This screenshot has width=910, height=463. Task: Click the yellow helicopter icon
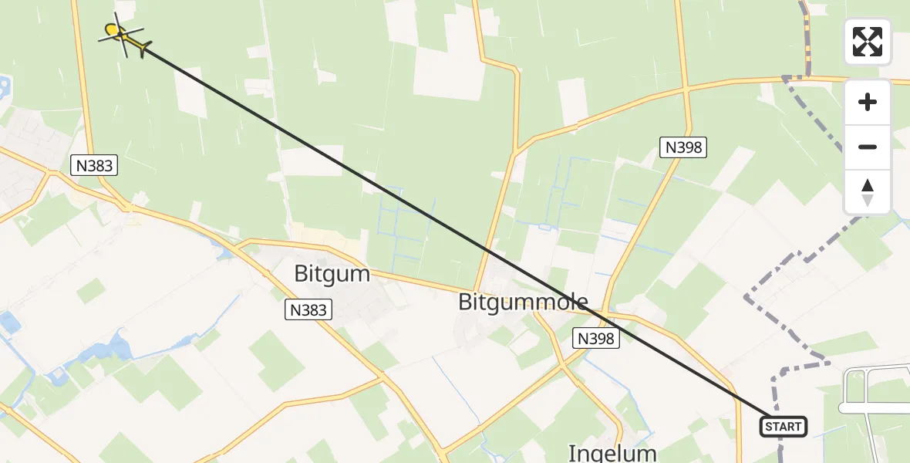(123, 35)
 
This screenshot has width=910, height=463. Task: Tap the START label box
(784, 426)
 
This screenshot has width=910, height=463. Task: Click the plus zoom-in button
(868, 102)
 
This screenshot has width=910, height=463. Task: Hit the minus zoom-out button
(868, 147)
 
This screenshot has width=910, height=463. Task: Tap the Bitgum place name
(332, 274)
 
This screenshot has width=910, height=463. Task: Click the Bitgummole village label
(523, 302)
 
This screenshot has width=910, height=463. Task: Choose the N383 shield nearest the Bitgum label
(308, 310)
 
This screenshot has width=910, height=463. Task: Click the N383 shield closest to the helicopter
(93, 164)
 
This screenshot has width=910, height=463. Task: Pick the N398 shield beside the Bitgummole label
(596, 337)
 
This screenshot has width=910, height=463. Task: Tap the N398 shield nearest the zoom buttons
(683, 147)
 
